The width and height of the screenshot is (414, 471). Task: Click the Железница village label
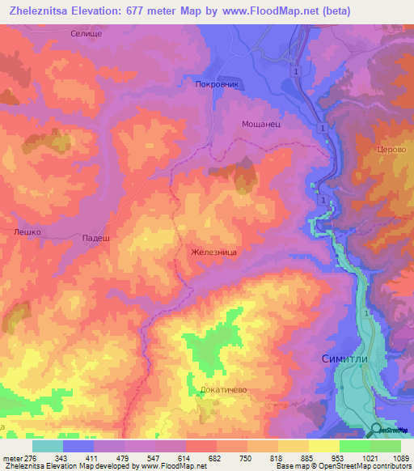click(213, 252)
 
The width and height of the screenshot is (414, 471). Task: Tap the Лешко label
click(27, 231)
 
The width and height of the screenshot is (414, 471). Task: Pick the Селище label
click(109, 30)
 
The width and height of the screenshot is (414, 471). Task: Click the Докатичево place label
click(222, 389)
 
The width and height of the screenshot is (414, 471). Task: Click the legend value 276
click(31, 457)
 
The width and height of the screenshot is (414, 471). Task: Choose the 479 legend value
click(124, 457)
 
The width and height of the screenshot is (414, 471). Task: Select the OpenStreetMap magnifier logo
click(377, 430)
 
